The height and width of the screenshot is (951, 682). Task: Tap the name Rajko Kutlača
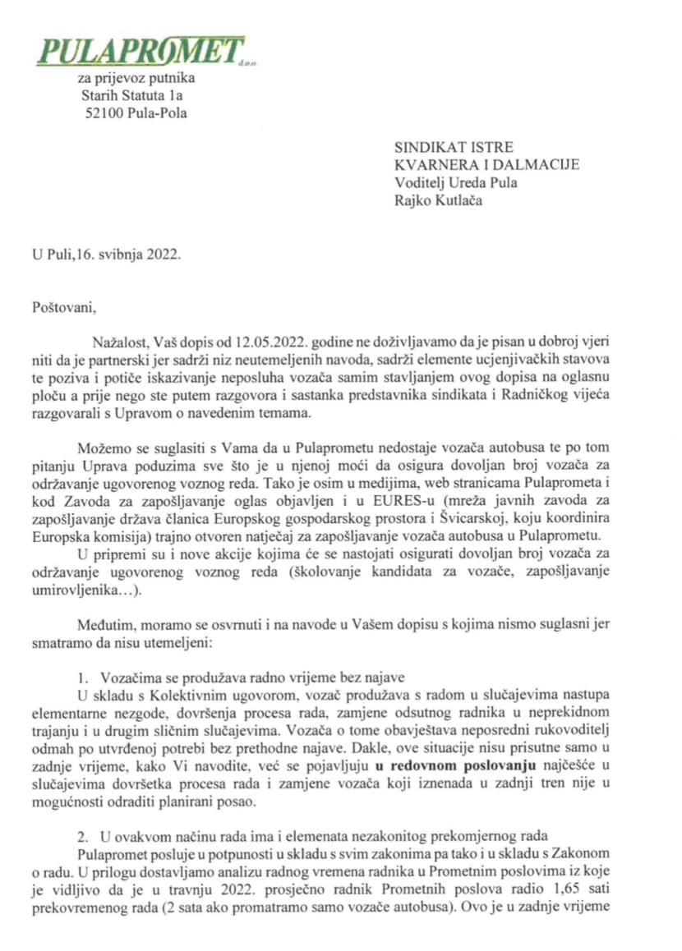coord(438,200)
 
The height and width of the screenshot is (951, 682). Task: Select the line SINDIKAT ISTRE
coord(454,148)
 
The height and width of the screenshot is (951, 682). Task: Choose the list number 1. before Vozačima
coord(84,678)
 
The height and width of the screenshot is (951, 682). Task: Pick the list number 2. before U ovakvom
coord(84,836)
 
